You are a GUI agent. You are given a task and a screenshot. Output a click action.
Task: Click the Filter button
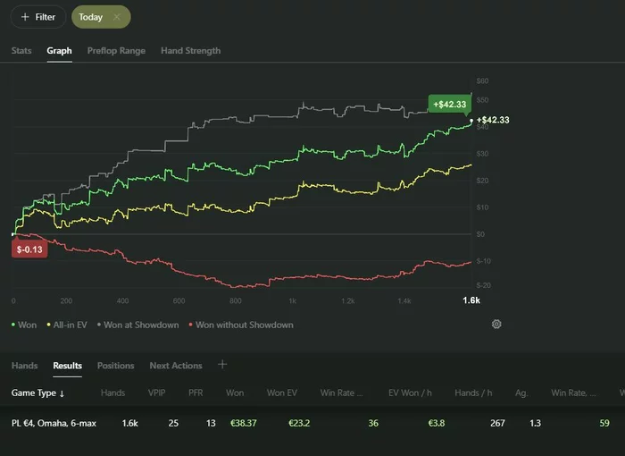[x=37, y=17]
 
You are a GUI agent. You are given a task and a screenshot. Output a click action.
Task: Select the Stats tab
[x=21, y=51]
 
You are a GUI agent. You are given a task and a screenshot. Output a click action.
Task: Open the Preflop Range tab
[x=116, y=51]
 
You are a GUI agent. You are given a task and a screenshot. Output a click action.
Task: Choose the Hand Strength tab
[x=190, y=51]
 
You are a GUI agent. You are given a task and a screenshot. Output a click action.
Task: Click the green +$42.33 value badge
[x=449, y=105]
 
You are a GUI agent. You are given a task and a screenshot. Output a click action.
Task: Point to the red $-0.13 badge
[x=29, y=249]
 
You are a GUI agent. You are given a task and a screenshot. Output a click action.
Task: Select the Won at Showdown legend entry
[x=141, y=325]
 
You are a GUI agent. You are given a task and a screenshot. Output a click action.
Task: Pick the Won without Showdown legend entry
[x=244, y=325]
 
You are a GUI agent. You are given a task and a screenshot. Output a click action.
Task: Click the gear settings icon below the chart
[x=496, y=325]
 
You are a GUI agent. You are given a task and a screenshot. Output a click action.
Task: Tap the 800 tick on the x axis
[x=236, y=301]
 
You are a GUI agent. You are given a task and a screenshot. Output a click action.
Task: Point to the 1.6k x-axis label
[x=471, y=301]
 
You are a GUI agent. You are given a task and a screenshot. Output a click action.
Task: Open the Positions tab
[x=115, y=366]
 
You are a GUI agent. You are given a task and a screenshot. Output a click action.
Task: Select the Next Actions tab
[x=175, y=366]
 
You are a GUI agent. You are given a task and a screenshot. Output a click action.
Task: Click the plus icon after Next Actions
[x=222, y=365]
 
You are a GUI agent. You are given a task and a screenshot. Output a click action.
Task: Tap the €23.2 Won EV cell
[x=299, y=422]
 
